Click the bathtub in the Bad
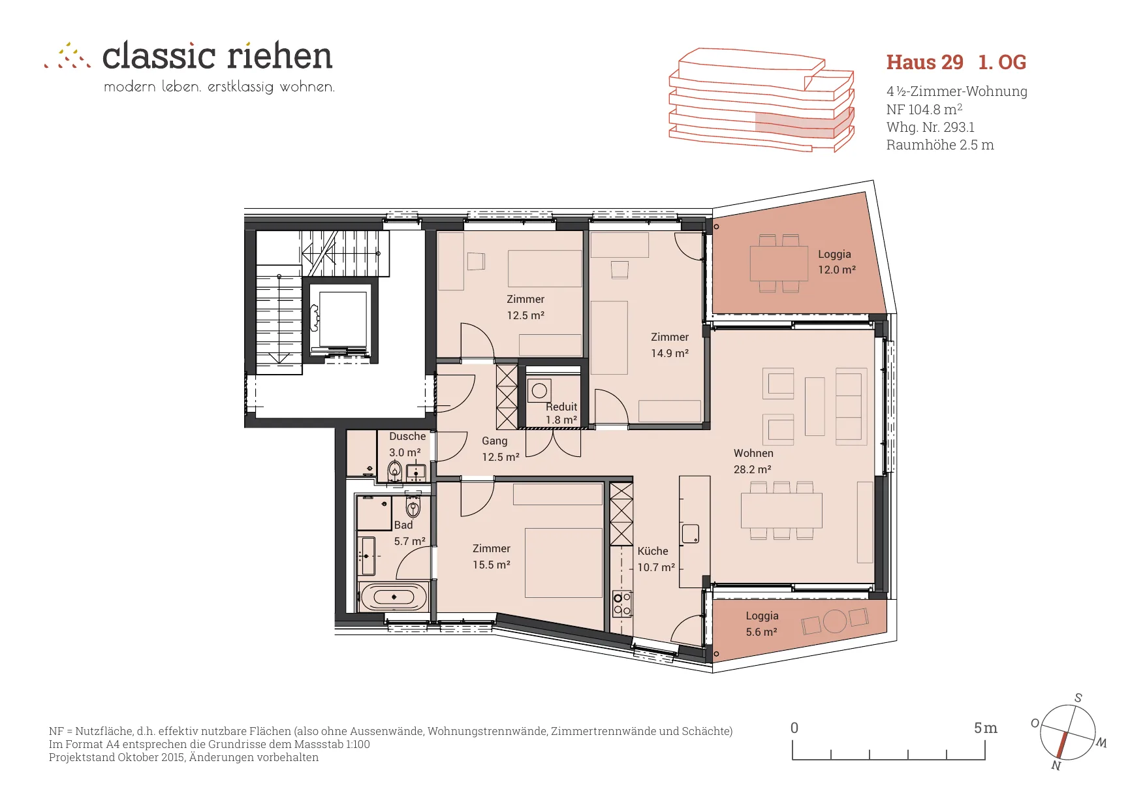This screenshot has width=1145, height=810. [394, 597]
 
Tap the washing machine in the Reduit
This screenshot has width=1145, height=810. [539, 391]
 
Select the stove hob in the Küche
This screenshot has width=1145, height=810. [621, 604]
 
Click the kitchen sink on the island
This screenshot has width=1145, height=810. [691, 534]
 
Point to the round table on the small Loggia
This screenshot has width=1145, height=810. [834, 621]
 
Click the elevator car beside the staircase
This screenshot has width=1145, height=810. [343, 320]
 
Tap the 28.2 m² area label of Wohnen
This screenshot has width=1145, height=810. [752, 469]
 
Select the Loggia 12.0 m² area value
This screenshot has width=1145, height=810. [837, 270]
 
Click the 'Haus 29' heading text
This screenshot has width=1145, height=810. [924, 62]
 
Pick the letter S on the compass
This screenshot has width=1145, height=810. [1078, 698]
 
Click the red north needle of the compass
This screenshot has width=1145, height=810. [1061, 745]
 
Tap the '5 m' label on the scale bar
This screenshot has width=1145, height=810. [985, 728]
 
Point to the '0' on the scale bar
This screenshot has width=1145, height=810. [794, 728]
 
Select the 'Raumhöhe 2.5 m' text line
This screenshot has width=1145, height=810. [940, 145]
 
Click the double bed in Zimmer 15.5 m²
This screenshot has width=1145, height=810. [563, 563]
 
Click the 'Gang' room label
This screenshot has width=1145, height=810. [494, 441]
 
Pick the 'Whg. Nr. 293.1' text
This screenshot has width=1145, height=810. [930, 127]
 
